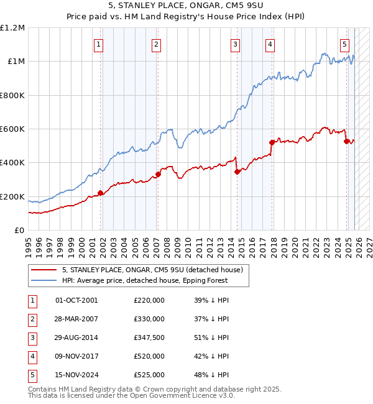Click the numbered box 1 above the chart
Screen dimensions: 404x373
(99, 44)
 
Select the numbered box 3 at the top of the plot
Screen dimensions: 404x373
(236, 44)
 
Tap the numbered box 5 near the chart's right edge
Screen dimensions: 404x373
(344, 44)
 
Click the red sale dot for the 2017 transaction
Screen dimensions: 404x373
(272, 142)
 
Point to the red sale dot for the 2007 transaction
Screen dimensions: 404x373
(159, 174)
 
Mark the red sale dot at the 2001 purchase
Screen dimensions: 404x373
(101, 193)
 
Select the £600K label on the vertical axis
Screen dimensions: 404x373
(12, 129)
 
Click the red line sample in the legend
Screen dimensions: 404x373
(44, 270)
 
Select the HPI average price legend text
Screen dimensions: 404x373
(145, 280)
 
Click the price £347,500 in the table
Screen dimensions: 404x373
(149, 337)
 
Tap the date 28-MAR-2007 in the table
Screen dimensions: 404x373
(76, 319)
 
